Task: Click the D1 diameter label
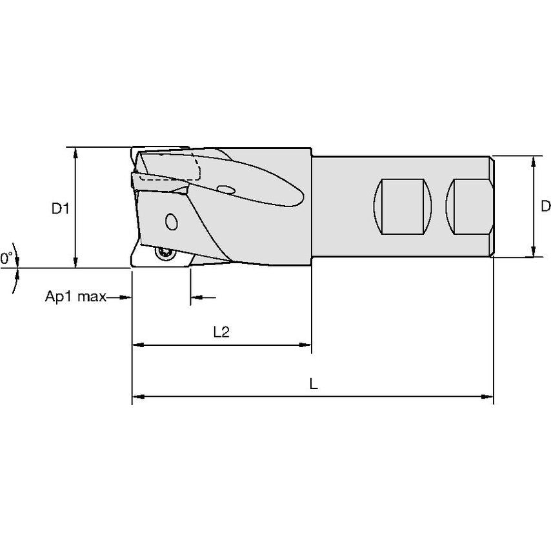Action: tap(60, 208)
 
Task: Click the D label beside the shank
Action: tap(545, 206)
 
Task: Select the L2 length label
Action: tap(221, 332)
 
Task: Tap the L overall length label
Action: tap(313, 384)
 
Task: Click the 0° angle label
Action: tap(6, 259)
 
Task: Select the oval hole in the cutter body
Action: tap(171, 222)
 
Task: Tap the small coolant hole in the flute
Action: tap(226, 190)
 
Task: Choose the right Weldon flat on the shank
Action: tap(470, 206)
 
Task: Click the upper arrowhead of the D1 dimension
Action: tap(76, 152)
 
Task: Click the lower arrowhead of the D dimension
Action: tap(534, 252)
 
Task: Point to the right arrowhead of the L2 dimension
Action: tap(306, 345)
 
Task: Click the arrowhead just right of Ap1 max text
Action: tap(126, 297)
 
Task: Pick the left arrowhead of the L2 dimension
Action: tap(137, 345)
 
